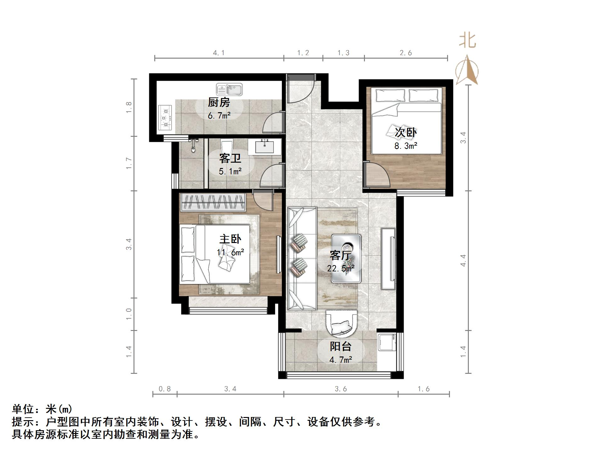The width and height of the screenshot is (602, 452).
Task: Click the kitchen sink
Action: point(229,90)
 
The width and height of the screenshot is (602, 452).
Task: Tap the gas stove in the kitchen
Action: point(165,118)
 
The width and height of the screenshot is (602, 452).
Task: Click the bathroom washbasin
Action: point(264,147)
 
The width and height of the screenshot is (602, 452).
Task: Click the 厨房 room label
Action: point(219,102)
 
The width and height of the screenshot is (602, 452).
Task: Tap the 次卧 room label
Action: point(406,132)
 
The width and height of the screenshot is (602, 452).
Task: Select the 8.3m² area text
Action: point(406,146)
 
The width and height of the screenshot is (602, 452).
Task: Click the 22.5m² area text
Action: point(341,269)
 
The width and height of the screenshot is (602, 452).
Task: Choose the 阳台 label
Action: point(340,346)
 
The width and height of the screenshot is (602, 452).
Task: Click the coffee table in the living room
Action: point(346,258)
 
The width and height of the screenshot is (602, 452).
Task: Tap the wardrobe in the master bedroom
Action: point(213,202)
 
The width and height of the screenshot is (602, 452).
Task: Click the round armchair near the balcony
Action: point(342,323)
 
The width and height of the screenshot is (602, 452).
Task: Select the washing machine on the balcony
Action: point(387,342)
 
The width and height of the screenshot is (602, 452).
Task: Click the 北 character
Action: point(467,41)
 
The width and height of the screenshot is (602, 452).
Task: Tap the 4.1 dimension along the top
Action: point(219,53)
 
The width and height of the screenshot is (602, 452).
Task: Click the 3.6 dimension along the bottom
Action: point(341,389)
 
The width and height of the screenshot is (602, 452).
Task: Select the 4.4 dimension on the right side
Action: point(463,260)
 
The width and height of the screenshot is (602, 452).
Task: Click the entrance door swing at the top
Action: point(301,90)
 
